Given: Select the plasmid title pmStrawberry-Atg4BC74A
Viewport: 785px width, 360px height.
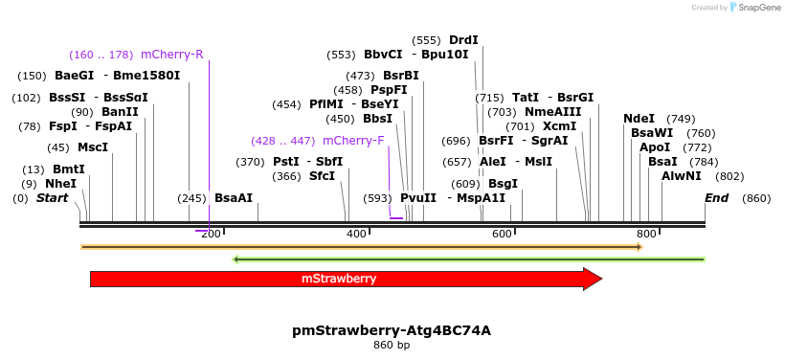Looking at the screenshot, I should click(392, 330).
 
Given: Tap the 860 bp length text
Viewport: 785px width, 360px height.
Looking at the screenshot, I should click(392, 345).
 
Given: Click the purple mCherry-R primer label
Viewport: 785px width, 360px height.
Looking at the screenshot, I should click(172, 55).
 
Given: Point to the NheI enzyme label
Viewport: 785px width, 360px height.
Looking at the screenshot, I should click(60, 184).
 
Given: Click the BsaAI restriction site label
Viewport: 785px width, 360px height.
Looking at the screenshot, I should click(234, 198).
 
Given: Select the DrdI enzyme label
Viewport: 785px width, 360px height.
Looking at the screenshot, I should click(463, 40).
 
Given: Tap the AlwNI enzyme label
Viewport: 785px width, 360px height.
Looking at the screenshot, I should click(682, 176).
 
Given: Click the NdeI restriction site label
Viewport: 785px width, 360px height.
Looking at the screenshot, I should click(639, 119).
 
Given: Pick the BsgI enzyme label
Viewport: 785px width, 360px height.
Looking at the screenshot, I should click(504, 184).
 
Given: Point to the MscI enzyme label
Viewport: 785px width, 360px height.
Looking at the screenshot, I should click(93, 147).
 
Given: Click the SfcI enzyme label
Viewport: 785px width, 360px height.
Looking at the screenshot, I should click(322, 176).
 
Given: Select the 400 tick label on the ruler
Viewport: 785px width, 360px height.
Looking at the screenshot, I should click(356, 235).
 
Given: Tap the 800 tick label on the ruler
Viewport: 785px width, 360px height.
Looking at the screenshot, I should click(646, 235).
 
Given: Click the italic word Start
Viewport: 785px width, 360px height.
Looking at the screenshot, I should click(53, 198).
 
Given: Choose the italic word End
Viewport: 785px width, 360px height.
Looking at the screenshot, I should click(716, 198).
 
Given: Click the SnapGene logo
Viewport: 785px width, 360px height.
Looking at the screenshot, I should click(755, 8).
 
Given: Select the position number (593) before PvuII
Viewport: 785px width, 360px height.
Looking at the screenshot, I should click(377, 198).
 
